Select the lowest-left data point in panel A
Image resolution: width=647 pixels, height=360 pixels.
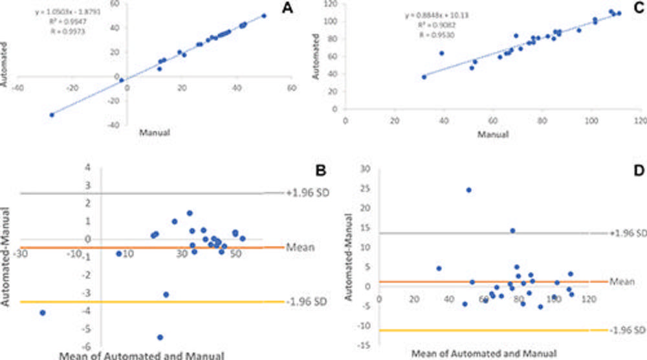pos(51,115)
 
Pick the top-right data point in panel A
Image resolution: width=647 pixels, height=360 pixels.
pos(264,16)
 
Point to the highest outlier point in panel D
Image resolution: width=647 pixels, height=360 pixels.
pos(468,190)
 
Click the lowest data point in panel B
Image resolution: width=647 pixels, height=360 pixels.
pos(160,337)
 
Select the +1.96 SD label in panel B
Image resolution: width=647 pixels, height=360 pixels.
pos(302,193)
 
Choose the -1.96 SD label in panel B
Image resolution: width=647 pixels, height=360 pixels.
pos(302,302)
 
